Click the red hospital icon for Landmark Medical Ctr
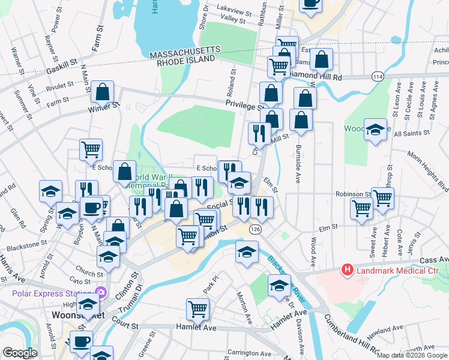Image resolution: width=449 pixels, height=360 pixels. [x=346, y=270]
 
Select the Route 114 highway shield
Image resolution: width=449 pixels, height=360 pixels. [x=377, y=76]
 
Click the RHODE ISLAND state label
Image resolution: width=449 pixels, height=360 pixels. [x=185, y=60]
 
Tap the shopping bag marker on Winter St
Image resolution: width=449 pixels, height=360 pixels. [x=103, y=94]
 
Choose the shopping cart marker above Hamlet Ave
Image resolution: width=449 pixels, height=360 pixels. [x=197, y=310]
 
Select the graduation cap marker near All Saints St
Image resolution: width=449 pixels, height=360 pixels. [x=375, y=131]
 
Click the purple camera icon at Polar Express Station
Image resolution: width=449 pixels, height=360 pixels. [x=101, y=293]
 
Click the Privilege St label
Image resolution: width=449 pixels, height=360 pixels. [x=243, y=104]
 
